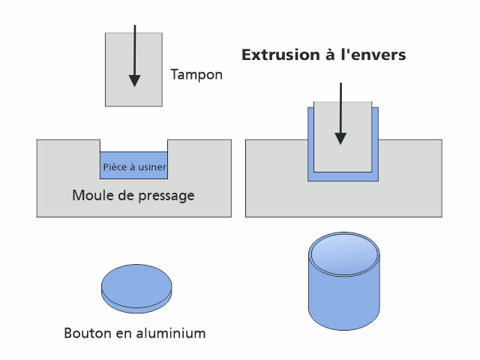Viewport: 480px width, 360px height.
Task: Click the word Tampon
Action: [x=196, y=75]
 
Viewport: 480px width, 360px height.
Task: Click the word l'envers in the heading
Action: [x=372, y=55]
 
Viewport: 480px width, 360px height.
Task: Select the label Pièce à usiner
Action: [x=134, y=166]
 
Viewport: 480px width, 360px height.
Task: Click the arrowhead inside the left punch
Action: [x=134, y=79]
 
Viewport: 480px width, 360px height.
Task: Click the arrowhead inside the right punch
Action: [x=340, y=137]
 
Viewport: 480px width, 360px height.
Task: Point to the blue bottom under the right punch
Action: [x=343, y=175]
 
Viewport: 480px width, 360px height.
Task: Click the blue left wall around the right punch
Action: [x=310, y=142]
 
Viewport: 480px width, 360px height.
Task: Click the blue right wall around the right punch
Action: [x=375, y=142]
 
